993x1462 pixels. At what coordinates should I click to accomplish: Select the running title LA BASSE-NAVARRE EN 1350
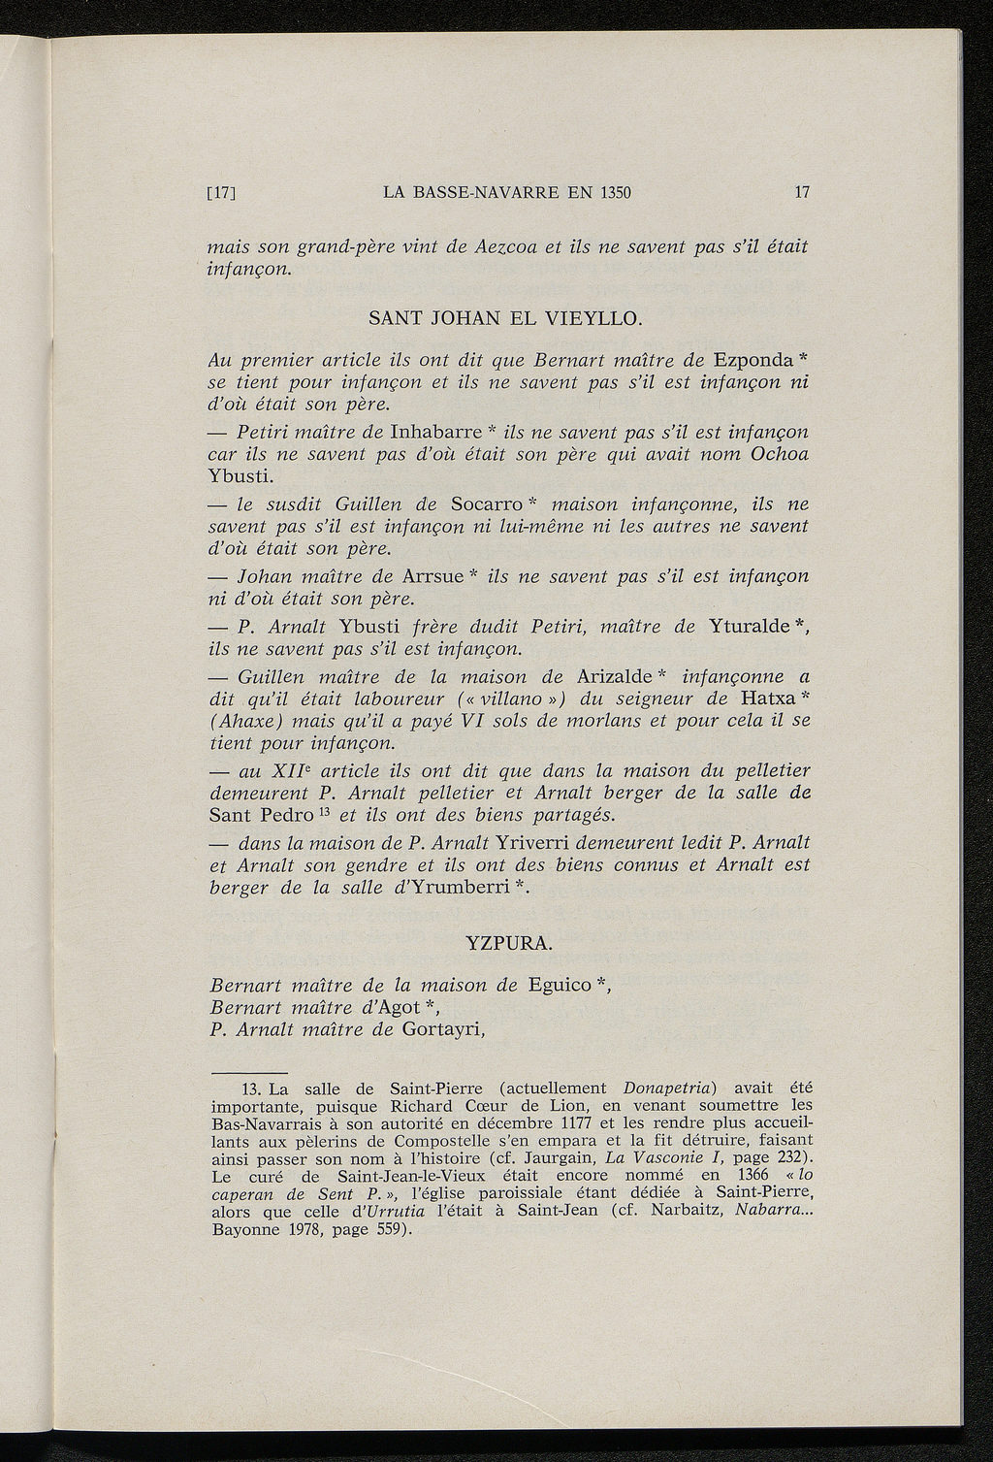click(x=507, y=192)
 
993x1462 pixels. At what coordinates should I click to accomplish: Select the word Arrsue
click(x=432, y=577)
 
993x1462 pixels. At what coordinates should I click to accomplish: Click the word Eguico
click(x=560, y=986)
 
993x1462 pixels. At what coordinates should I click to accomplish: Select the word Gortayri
click(x=440, y=1030)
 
